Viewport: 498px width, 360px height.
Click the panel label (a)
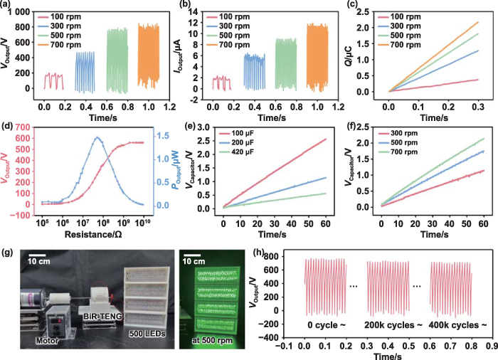[9, 6]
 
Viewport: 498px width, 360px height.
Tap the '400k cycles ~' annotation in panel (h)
[459, 324]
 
